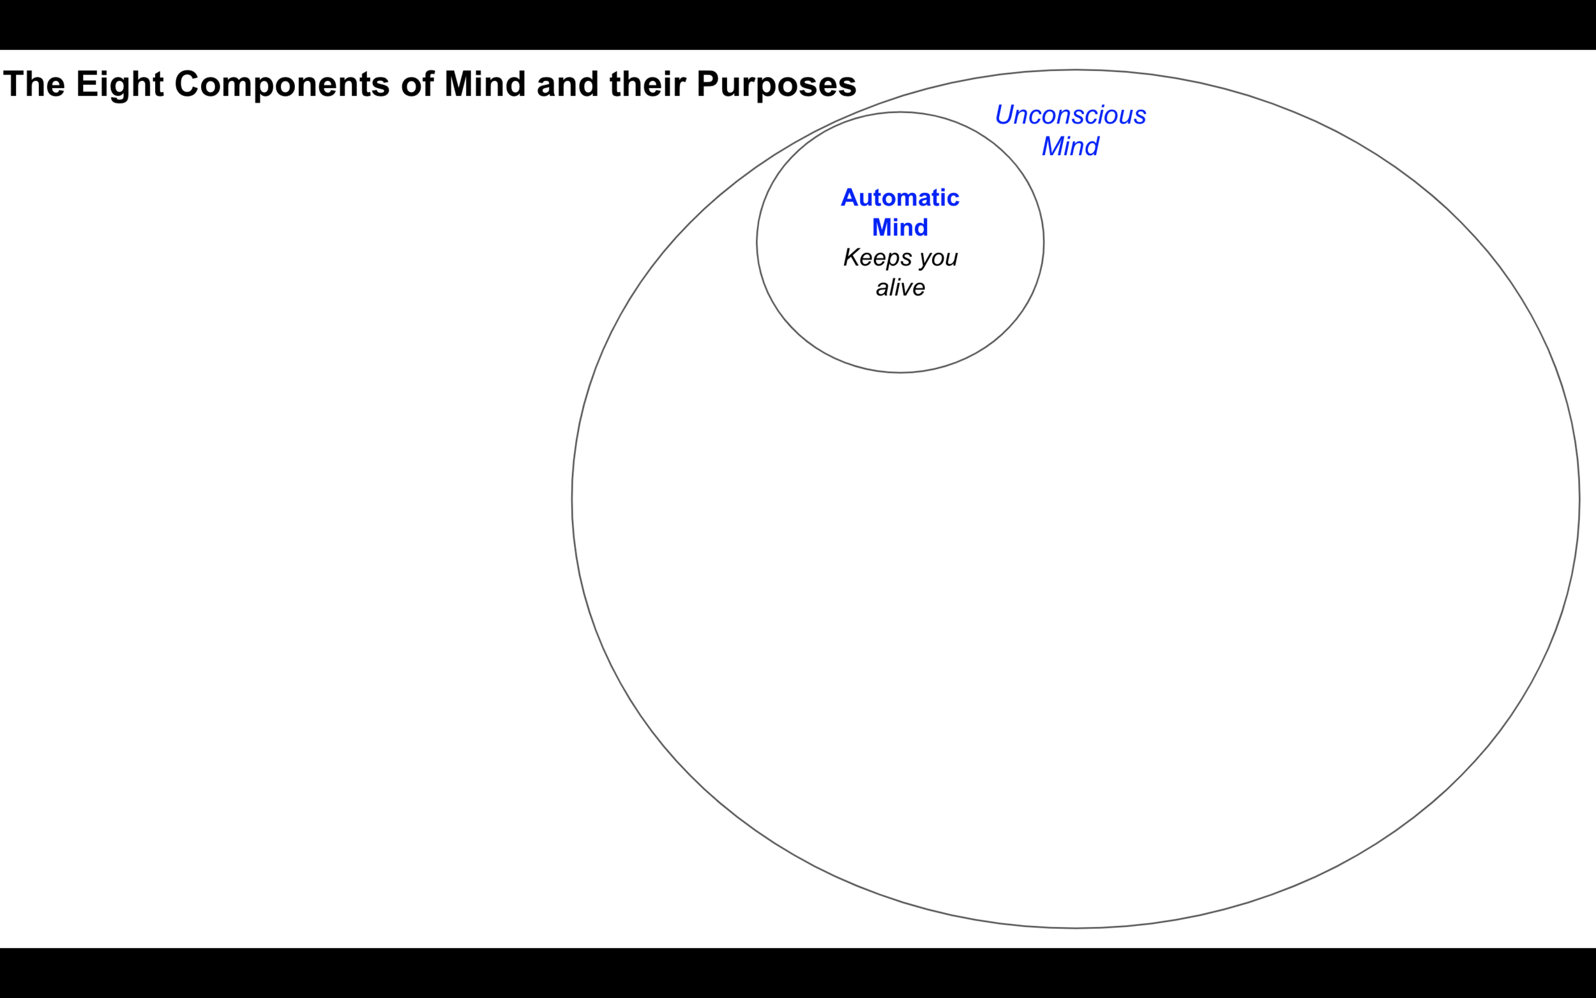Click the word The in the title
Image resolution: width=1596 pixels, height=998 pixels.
coord(34,84)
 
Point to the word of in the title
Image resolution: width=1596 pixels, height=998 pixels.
coord(417,84)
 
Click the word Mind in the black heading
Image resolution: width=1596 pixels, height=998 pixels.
coord(485,84)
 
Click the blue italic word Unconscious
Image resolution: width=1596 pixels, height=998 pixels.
coord(1070,115)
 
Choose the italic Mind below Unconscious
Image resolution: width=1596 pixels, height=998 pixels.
coord(1070,146)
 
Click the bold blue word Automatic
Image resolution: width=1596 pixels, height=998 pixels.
coord(900,197)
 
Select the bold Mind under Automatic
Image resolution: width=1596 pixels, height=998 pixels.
coord(900,227)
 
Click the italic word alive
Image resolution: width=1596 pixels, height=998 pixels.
coord(900,287)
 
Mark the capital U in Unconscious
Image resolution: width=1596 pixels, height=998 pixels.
coord(1004,115)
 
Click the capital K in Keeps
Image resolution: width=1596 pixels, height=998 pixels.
coord(852,257)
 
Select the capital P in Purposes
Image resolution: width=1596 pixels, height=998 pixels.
coord(709,84)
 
